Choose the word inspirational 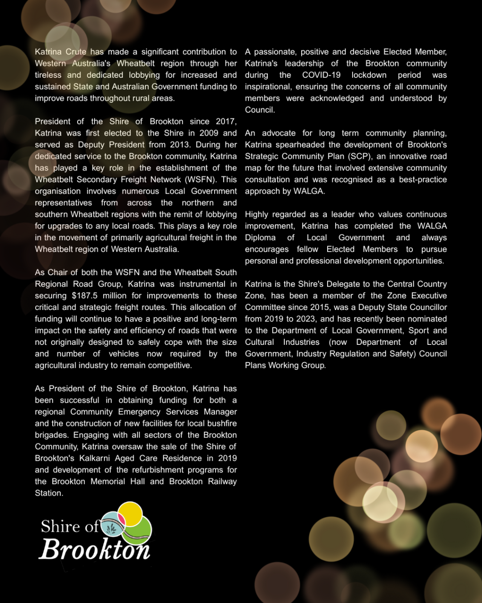point(270,87)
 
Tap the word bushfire point(220,424)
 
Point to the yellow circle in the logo point(130,513)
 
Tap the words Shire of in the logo point(69,527)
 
